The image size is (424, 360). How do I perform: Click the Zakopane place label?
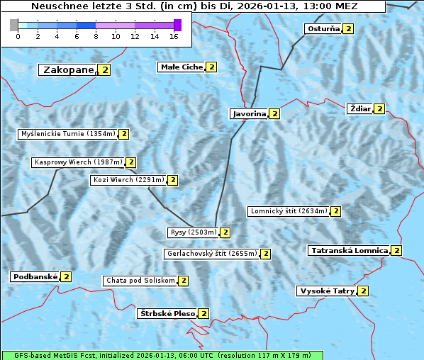[68, 70]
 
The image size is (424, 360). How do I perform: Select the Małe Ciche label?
[182, 67]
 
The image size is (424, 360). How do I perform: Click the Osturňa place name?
[322, 29]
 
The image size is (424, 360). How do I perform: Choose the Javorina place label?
[249, 113]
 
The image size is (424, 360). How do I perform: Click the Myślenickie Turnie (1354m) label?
[67, 134]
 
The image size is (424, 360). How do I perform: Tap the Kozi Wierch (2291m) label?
[128, 180]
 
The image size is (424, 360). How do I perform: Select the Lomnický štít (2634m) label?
[289, 211]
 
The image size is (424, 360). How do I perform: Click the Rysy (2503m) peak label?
[193, 232]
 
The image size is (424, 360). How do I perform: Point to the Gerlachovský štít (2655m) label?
[211, 254]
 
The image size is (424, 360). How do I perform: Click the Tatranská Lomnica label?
[350, 250]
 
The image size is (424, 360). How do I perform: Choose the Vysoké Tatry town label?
[326, 291]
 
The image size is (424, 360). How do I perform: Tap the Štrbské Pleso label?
[167, 313]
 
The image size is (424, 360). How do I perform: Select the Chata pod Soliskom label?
[139, 281]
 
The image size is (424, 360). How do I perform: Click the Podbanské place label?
[34, 276]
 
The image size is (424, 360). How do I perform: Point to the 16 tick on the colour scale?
[174, 36]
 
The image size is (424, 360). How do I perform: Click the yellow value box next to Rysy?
[225, 232]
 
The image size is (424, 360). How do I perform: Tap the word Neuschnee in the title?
[53, 6]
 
